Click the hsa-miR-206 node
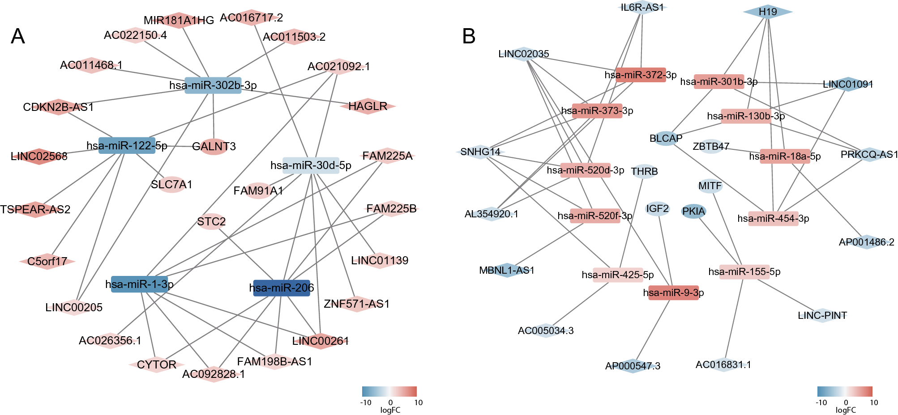point(282,288)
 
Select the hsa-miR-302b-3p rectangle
point(213,85)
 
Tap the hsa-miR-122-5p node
point(127,145)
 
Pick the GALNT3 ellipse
point(214,146)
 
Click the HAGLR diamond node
point(368,106)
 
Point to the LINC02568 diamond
point(39,156)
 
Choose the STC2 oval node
point(211,221)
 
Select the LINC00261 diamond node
point(321,341)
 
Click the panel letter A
point(18,36)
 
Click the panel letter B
point(469,36)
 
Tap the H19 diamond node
point(768,12)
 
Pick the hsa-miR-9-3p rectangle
point(673,292)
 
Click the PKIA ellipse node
point(693,212)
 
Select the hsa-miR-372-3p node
point(641,75)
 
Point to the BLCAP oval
point(666,139)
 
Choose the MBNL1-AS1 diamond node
point(507,270)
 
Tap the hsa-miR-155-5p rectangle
point(744,272)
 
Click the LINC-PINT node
point(822,315)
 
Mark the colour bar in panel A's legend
point(389,391)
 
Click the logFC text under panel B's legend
point(846,410)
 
